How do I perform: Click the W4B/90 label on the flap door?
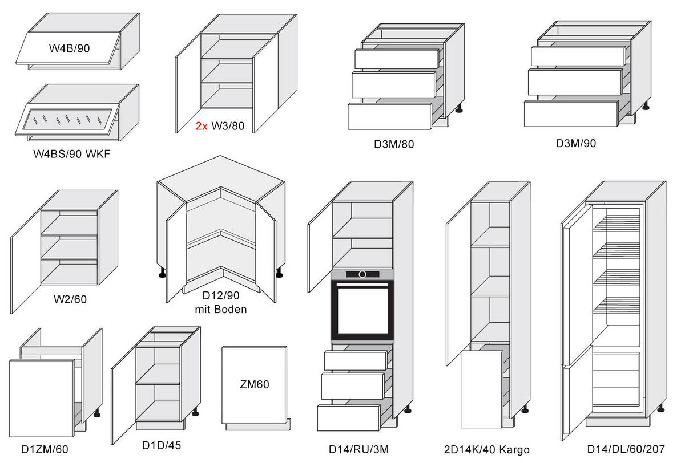69,48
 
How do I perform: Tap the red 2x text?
202,126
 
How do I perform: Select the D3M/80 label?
394,144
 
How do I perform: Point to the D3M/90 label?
576,143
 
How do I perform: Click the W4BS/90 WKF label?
71,154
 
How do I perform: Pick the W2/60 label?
70,299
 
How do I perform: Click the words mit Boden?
221,310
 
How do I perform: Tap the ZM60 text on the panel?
255,384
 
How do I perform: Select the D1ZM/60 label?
45,449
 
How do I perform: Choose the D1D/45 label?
162,445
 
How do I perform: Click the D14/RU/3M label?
358,449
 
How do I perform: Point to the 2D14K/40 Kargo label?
486,450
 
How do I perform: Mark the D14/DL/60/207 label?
626,449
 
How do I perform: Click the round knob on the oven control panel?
362,274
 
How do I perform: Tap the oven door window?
362,310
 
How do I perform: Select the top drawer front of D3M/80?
397,59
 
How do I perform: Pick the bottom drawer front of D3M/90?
571,113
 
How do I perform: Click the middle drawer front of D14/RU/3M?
353,386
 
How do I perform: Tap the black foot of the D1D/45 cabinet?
195,413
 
